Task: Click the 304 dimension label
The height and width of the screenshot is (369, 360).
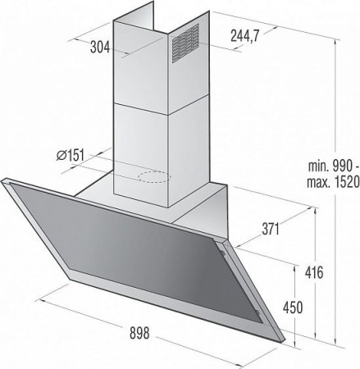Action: click(100, 47)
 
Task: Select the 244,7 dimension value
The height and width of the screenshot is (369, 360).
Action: click(244, 35)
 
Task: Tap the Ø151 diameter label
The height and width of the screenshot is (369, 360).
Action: click(70, 156)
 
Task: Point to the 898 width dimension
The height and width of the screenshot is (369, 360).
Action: click(139, 333)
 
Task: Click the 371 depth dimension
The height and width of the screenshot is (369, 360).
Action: click(271, 229)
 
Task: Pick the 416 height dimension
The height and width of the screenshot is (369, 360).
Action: click(314, 272)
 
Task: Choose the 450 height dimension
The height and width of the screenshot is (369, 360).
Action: click(293, 307)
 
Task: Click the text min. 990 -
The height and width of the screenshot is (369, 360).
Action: click(334, 166)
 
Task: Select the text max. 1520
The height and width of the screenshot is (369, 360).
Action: click(333, 182)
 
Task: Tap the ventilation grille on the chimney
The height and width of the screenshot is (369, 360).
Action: click(185, 43)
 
